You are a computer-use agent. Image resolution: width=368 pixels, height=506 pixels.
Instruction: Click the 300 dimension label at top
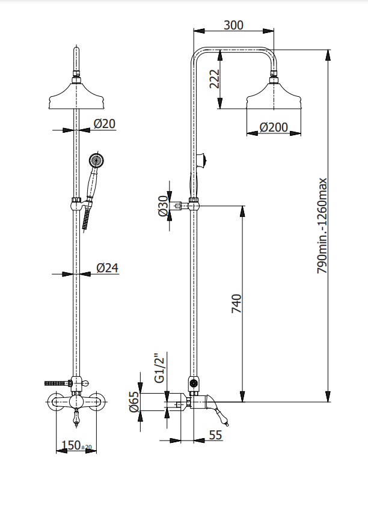pos(233,25)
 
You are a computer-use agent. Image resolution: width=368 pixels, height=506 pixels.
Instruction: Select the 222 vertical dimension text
pos(214,78)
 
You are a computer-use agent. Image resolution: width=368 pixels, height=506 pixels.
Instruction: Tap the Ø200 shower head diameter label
pos(273,127)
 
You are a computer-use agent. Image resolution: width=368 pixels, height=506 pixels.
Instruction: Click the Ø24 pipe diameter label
pos(106,268)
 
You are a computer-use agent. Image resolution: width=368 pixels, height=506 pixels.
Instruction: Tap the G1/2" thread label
pos(159,368)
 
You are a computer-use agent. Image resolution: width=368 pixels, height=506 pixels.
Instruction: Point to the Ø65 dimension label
pos(135,401)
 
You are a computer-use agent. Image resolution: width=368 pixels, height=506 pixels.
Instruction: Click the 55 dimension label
pos(216,434)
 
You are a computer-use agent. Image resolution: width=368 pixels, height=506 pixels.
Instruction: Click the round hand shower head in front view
pos(96,160)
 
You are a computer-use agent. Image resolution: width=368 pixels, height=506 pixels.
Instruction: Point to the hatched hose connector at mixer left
pos(56,382)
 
